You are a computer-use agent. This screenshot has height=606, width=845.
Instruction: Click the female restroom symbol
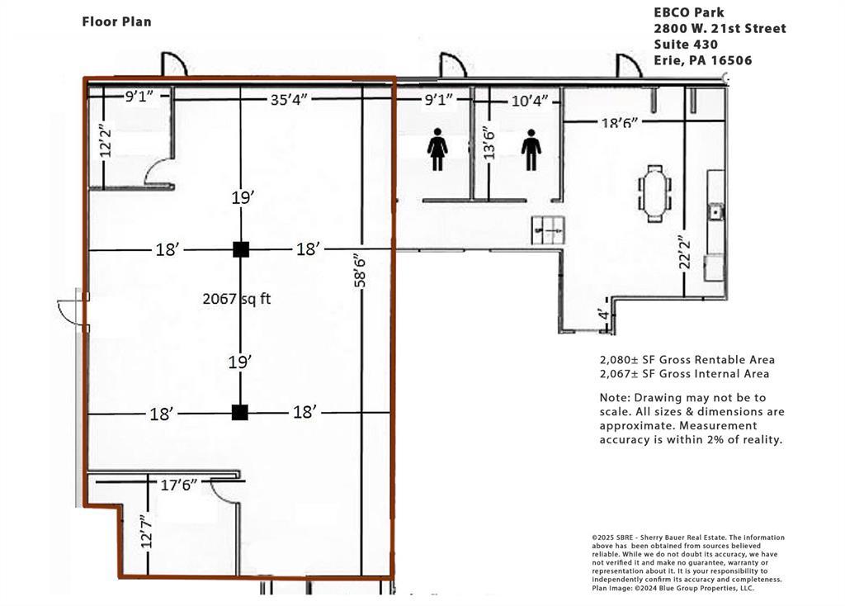click(x=437, y=149)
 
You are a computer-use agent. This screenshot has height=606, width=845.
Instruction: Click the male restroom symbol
click(x=531, y=150)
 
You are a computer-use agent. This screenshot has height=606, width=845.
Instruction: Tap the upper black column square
click(x=241, y=249)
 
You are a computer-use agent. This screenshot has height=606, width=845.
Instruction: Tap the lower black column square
click(x=240, y=413)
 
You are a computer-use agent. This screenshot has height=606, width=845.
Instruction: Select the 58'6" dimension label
click(x=360, y=272)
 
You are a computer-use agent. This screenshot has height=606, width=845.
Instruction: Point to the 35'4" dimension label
click(x=289, y=100)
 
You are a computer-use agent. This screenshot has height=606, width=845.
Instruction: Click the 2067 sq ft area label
click(x=237, y=299)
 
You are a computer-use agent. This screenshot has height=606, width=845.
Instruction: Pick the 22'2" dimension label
click(x=684, y=252)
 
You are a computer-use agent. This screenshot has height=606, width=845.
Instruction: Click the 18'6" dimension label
click(x=620, y=123)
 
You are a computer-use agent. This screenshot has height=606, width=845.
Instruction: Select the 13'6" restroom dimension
click(x=489, y=144)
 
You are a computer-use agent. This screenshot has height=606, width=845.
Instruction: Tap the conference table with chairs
click(x=654, y=193)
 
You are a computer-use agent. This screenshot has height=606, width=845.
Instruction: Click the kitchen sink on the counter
click(x=715, y=211)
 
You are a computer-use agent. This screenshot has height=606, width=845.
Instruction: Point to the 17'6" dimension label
click(x=179, y=485)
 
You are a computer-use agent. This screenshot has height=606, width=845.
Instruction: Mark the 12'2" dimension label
click(x=106, y=142)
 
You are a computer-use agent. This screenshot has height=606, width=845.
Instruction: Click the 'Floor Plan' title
click(x=116, y=21)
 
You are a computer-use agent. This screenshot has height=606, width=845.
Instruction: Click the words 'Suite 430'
click(x=686, y=45)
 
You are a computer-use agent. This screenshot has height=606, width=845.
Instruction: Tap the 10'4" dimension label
click(x=530, y=100)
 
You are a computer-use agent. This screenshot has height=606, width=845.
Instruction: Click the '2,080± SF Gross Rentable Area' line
click(x=687, y=360)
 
